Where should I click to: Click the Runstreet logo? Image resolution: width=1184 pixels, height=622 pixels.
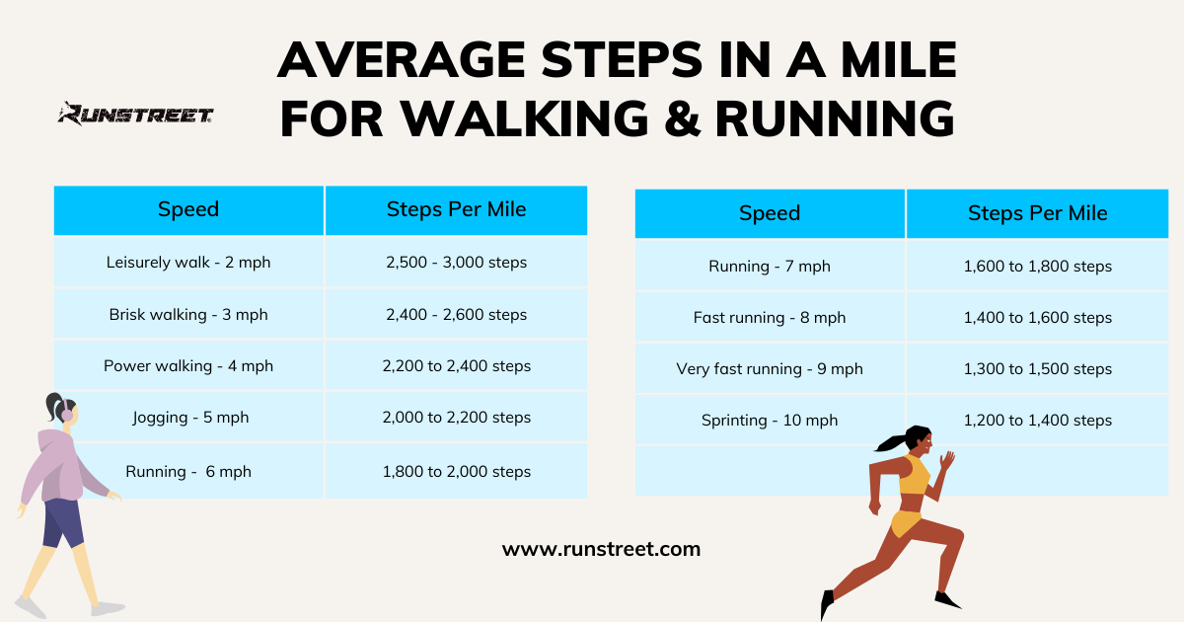tap(135, 115)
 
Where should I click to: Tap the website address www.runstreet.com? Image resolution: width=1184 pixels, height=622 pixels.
tap(601, 549)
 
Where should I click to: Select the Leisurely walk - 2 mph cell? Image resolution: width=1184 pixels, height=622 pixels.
tap(188, 263)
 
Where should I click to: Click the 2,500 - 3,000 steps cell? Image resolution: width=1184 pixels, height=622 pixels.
tap(456, 263)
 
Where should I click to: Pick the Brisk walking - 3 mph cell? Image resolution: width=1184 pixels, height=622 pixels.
tap(188, 315)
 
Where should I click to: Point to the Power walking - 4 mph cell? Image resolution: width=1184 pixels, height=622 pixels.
tap(188, 366)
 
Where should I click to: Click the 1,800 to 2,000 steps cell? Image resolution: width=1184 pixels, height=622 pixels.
tap(456, 472)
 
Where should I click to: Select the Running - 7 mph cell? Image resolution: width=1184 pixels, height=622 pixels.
tap(770, 267)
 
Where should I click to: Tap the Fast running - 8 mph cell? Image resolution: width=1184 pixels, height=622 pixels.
tap(770, 318)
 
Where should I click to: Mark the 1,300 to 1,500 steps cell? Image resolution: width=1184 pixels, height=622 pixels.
tap(1037, 369)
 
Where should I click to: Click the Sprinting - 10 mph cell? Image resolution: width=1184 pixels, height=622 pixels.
tap(770, 421)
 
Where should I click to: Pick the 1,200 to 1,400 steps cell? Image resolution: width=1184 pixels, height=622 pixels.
tap(1037, 421)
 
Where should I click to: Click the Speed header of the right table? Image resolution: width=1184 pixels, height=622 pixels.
tap(770, 213)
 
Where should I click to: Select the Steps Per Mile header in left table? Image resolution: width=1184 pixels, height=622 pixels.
tap(456, 209)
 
